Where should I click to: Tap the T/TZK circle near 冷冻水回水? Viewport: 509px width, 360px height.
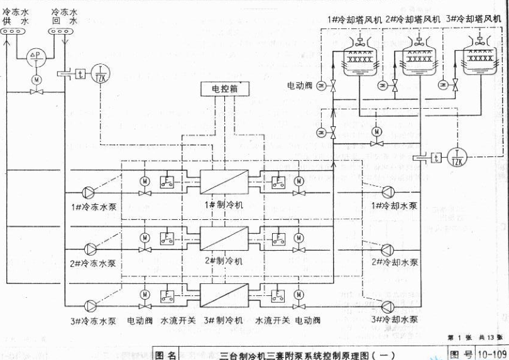pos(100,73)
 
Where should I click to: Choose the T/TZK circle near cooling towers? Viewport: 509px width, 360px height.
pos(457,158)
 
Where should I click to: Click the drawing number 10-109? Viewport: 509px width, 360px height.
pos(492,354)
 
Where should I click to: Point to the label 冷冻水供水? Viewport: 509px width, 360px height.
pos(16,16)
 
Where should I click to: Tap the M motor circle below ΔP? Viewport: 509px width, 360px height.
pos(36,79)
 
